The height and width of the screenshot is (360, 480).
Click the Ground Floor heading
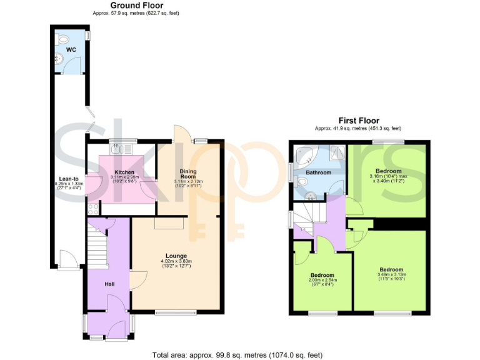point(136,5)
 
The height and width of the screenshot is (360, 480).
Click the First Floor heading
point(358,121)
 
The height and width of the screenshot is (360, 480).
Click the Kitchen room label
point(124,172)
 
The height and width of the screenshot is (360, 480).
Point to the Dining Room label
point(188,173)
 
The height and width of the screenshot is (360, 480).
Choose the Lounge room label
point(176,256)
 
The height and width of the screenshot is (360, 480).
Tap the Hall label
point(109,284)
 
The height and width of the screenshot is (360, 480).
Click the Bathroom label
point(317,172)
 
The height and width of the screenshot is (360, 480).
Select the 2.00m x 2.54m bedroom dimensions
point(322,281)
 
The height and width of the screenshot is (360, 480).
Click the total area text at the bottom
point(237,354)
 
